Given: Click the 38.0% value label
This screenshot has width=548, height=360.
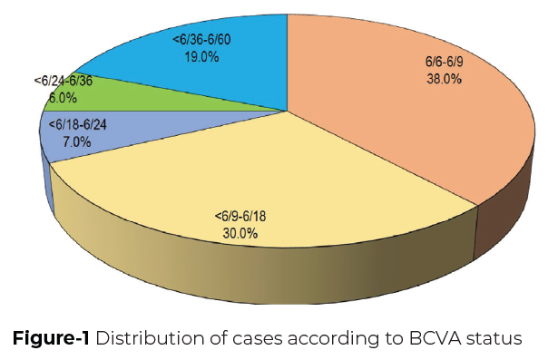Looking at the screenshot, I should pyautogui.click(x=444, y=79).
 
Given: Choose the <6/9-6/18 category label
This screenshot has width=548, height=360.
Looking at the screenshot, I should pyautogui.click(x=239, y=217).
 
